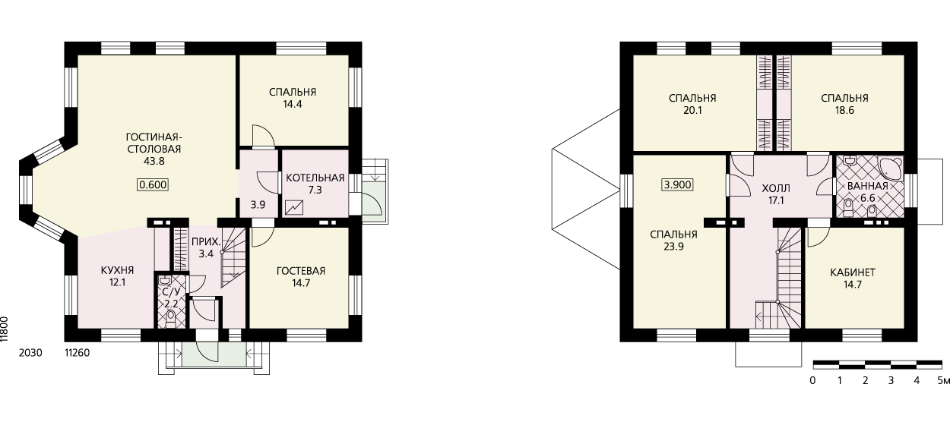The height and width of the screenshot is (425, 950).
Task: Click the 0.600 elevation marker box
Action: [x=153, y=185]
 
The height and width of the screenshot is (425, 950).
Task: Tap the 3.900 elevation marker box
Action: [x=678, y=185]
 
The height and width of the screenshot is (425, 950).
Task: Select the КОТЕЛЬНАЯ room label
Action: [x=315, y=178]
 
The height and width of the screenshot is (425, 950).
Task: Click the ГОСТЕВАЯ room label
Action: [x=301, y=271]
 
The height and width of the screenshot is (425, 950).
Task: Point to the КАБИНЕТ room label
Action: [x=853, y=272]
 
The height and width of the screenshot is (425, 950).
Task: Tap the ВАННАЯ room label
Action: [x=868, y=186]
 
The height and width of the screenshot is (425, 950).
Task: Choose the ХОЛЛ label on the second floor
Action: [x=776, y=188]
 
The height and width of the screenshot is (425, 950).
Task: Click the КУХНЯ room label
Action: [x=118, y=270]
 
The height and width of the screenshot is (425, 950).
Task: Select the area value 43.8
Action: [x=154, y=162]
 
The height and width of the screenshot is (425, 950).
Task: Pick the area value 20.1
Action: [x=692, y=111]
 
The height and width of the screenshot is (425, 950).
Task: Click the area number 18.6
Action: [x=844, y=111]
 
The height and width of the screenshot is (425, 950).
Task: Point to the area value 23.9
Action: [x=673, y=247]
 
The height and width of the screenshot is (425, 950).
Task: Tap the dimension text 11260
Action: [x=78, y=353]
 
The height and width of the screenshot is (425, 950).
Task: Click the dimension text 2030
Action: [x=30, y=353]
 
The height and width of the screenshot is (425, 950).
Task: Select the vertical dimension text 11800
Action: [x=5, y=329]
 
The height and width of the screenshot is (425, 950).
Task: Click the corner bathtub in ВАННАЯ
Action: [x=890, y=168]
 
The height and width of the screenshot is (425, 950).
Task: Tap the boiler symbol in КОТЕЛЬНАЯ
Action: [x=294, y=207]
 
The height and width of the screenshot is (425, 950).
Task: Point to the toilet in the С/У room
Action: [x=170, y=319]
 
